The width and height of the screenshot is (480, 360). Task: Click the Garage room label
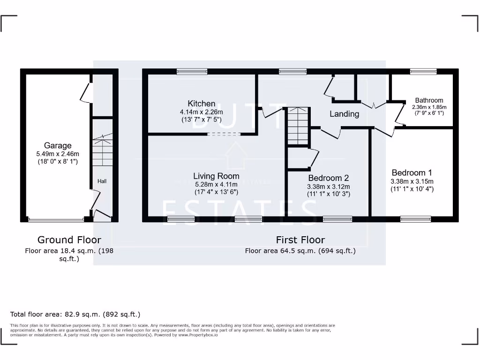click(x=58, y=145)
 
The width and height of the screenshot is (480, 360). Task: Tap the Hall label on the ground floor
click(x=102, y=181)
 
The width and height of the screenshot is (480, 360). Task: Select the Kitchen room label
click(x=202, y=104)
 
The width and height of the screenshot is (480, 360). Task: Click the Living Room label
click(x=216, y=176)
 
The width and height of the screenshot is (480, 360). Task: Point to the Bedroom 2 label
click(x=328, y=178)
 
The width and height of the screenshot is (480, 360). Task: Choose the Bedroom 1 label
click(x=412, y=172)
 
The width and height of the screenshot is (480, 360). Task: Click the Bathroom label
click(x=429, y=100)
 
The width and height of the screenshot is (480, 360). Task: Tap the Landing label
click(x=344, y=114)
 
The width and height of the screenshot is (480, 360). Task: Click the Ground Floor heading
click(x=69, y=240)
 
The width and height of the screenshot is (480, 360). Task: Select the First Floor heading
click(x=300, y=240)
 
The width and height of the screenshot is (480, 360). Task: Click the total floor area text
click(x=75, y=314)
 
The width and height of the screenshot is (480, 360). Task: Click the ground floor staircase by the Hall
click(x=102, y=150)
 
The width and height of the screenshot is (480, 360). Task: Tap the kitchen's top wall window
click(x=192, y=72)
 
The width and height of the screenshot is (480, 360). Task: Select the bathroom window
click(x=423, y=72)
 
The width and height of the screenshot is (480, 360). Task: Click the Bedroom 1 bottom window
click(x=415, y=218)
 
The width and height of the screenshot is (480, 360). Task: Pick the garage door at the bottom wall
click(x=56, y=219)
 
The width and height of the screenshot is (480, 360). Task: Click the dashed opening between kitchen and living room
click(x=224, y=135)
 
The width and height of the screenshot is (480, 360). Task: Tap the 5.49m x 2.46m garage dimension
click(x=58, y=154)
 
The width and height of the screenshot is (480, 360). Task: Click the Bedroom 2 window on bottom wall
click(x=337, y=218)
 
